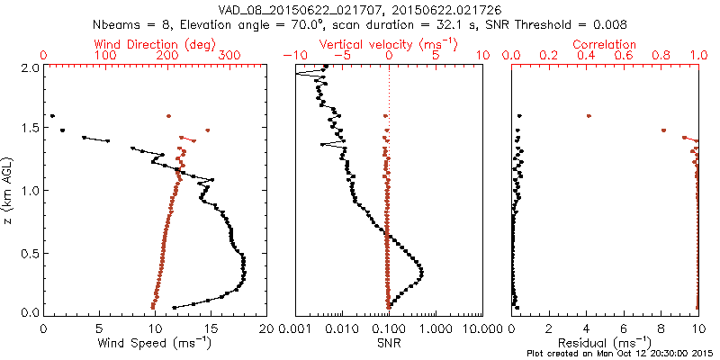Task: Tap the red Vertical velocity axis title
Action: (388, 43)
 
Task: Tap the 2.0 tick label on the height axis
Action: (30, 67)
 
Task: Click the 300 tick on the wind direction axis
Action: (230, 56)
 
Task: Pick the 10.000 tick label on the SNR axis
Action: (476, 329)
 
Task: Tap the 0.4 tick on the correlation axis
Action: (587, 56)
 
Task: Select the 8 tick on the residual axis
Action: (661, 329)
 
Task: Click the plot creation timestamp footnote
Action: (622, 354)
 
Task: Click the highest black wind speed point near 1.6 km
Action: (53, 116)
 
